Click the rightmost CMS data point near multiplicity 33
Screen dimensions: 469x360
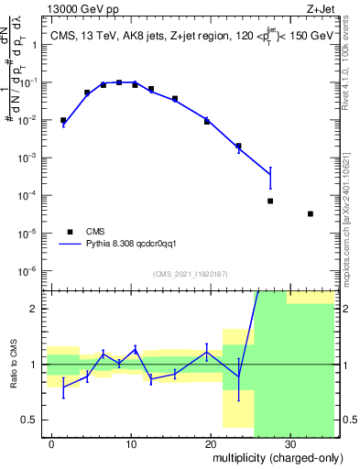(311, 213)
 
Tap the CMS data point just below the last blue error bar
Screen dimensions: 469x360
(270, 201)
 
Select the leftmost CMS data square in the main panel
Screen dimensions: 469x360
(63, 120)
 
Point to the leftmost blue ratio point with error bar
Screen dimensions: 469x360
(63, 387)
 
